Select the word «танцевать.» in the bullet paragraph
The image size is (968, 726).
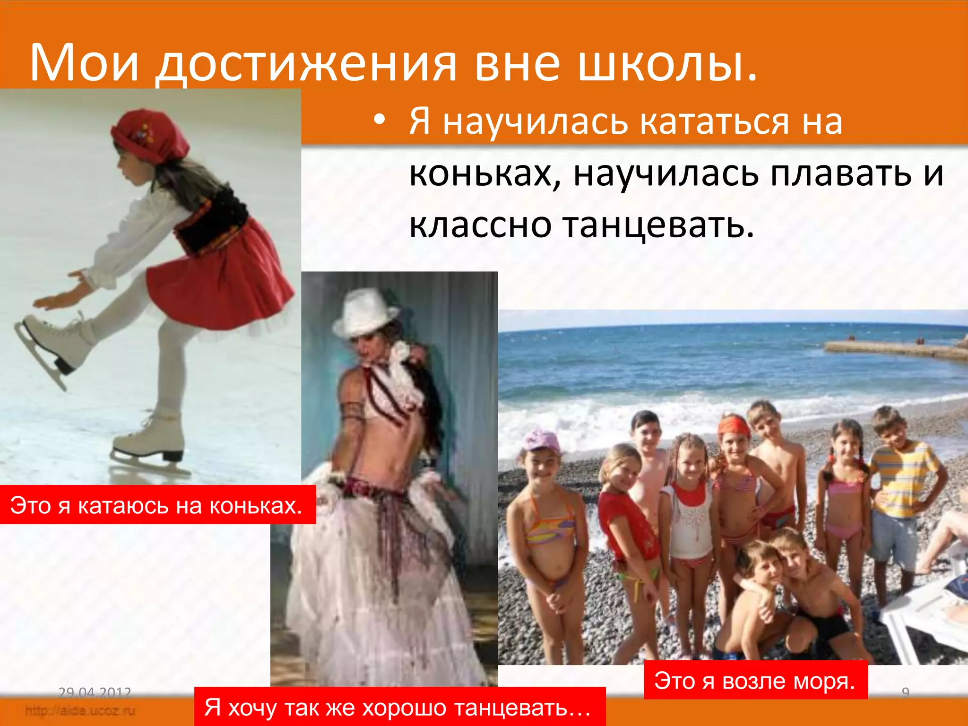click(658, 225)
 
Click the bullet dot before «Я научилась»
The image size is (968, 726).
click(379, 121)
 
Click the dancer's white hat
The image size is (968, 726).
click(364, 312)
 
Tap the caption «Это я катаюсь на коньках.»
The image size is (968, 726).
click(156, 505)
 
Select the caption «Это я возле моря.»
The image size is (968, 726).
click(755, 681)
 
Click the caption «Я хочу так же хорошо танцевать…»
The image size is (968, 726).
click(398, 708)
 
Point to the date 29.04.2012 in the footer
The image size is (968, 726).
click(95, 692)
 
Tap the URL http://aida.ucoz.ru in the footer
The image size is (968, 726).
click(80, 710)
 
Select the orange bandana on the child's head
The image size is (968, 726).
click(734, 425)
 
